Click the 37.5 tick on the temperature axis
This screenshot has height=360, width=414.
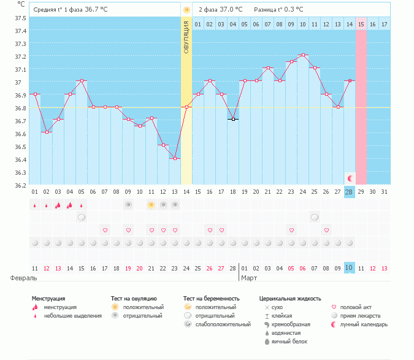(21, 18)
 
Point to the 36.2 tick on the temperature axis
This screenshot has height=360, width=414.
(21, 185)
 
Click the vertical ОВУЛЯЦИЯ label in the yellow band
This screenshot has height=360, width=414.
(186, 37)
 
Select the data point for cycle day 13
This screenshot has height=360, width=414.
(174, 159)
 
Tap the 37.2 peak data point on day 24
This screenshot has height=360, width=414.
(302, 55)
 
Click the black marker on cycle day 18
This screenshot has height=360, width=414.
(233, 119)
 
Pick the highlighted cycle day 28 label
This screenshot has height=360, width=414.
(349, 192)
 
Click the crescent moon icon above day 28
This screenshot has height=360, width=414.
(350, 178)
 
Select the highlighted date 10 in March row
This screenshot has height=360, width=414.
(349, 269)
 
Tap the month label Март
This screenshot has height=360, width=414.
(249, 278)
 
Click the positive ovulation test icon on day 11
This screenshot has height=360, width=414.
(151, 205)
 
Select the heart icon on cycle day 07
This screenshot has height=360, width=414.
(105, 230)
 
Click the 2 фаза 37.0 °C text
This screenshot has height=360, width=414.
(220, 10)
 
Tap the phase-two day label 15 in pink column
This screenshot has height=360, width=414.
(361, 24)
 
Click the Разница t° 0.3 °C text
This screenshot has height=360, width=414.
(278, 10)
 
